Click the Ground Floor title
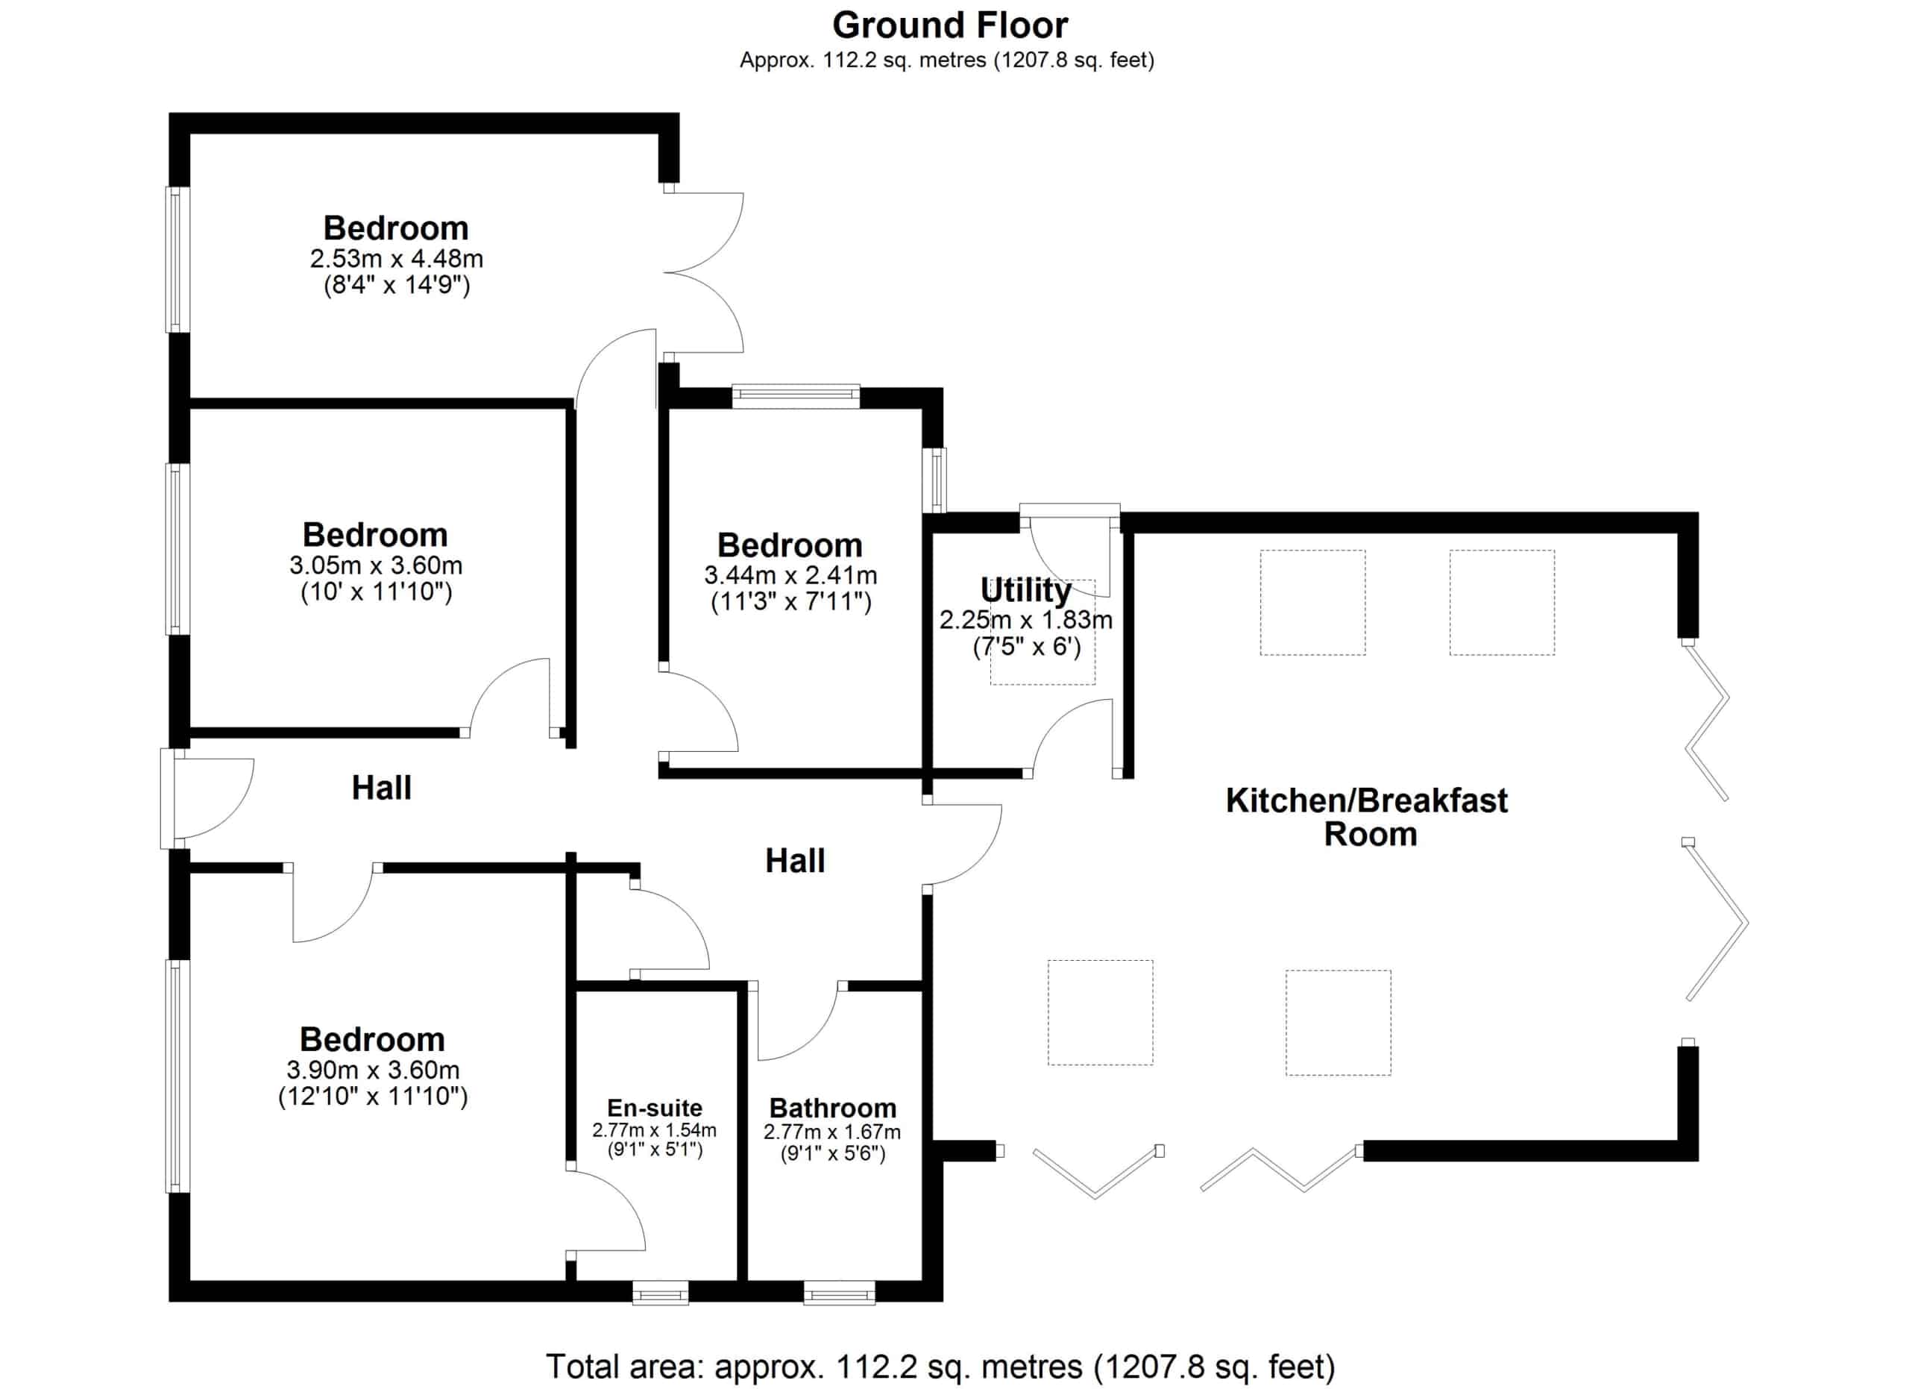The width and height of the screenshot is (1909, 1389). tap(949, 26)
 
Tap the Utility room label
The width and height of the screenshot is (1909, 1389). tap(1025, 590)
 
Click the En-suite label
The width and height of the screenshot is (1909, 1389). tap(654, 1108)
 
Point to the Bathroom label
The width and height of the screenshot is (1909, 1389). tap(832, 1108)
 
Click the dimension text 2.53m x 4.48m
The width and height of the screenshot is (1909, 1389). tap(397, 258)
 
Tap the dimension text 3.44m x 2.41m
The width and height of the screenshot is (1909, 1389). tap(790, 575)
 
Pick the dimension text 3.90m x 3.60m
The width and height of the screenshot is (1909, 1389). tap(373, 1070)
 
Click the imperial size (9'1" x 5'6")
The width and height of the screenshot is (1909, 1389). tap(832, 1153)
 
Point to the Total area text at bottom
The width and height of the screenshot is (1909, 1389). tap(940, 1367)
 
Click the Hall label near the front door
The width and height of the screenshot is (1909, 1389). tap(381, 788)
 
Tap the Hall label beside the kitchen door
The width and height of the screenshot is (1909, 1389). tap(795, 860)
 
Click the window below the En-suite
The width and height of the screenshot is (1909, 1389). tap(660, 1292)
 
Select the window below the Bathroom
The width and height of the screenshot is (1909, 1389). tap(838, 1292)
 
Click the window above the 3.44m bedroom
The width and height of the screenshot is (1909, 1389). tap(796, 397)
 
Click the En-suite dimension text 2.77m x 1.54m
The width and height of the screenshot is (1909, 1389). tap(654, 1129)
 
